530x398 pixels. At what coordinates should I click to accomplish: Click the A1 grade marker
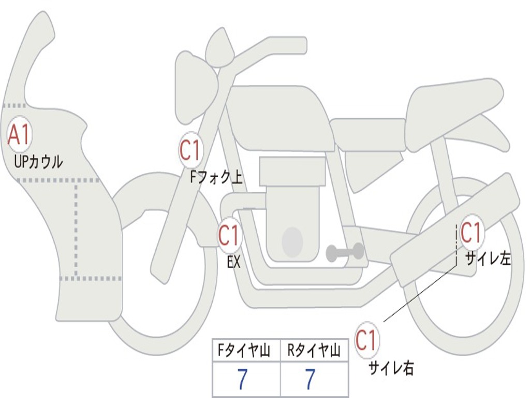click(19, 134)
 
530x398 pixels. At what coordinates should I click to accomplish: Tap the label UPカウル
click(38, 162)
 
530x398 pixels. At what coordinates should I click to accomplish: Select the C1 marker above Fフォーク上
click(191, 150)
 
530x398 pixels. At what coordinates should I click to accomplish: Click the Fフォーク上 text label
click(216, 177)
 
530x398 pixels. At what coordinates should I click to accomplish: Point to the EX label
click(233, 262)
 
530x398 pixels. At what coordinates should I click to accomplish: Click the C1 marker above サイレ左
click(472, 232)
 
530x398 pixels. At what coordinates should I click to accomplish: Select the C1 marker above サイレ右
click(366, 340)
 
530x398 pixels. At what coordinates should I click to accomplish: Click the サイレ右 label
click(391, 368)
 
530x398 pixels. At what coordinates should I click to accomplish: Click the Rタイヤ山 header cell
click(314, 350)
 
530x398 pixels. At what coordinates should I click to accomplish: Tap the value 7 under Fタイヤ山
click(242, 379)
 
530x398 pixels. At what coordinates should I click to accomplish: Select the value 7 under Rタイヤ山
click(310, 379)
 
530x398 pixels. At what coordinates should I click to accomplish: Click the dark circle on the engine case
click(292, 241)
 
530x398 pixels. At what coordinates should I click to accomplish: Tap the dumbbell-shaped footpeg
click(345, 252)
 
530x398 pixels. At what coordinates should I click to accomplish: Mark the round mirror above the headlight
click(220, 50)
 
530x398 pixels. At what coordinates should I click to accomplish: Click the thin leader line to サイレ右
click(420, 293)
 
